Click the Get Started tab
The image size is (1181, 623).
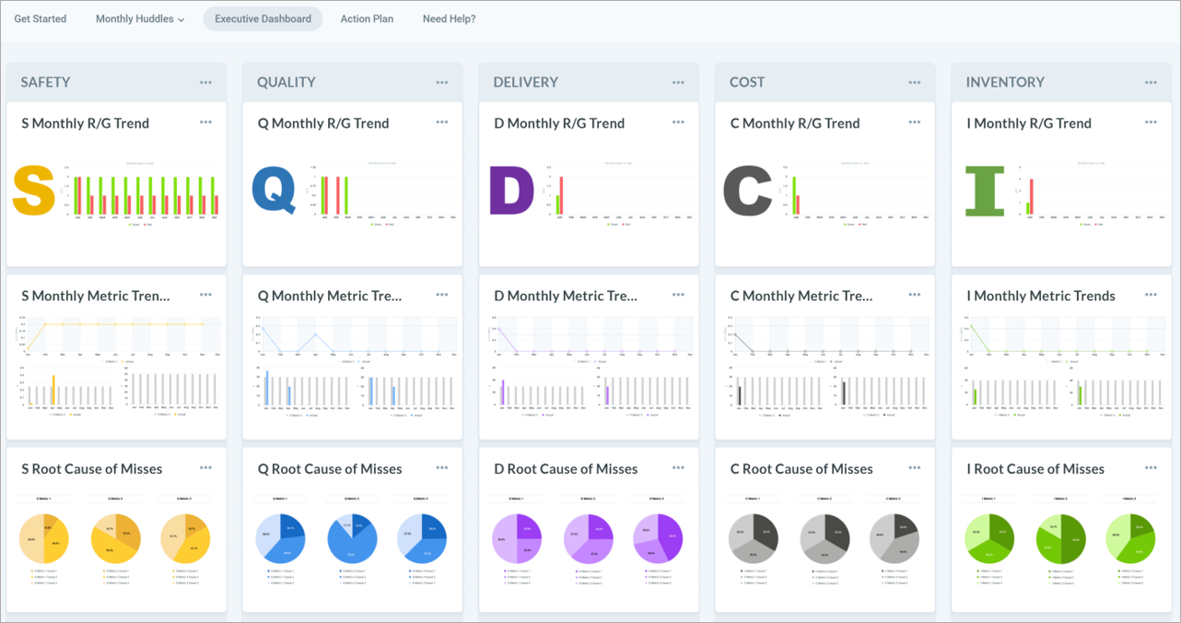coord(40,19)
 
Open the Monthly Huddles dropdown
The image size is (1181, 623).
coord(140,19)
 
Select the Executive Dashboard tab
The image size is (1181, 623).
coord(263,19)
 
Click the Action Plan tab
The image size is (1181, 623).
coord(367,19)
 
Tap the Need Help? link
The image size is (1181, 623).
coord(449,19)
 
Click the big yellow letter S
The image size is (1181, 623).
coord(34,191)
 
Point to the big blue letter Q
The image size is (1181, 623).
coord(274,191)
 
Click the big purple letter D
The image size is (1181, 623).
coord(511,191)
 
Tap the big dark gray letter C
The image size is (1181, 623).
coord(747,191)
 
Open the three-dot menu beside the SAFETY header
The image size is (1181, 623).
coord(205,83)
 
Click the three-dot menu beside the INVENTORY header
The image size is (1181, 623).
coord(1151,83)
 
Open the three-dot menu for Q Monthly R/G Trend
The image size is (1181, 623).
coord(442,123)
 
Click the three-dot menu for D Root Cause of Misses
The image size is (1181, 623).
coord(678,468)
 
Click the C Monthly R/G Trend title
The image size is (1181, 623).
coord(794,123)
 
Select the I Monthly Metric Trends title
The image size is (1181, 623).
coord(1040,296)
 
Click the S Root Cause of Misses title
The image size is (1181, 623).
coord(91,469)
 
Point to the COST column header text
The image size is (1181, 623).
coord(747,82)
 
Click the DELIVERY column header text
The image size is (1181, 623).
coord(525,82)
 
